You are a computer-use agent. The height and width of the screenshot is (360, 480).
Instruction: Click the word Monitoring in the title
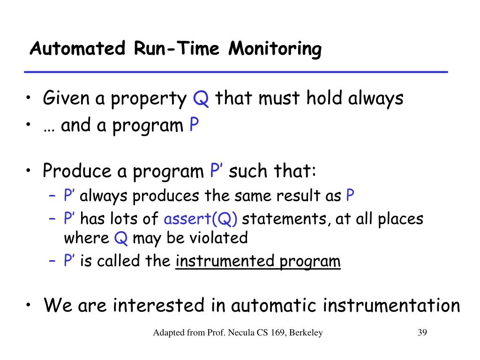click(x=275, y=49)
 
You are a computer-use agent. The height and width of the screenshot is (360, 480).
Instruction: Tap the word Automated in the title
click(x=77, y=48)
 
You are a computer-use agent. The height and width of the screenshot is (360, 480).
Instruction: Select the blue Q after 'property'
click(x=201, y=98)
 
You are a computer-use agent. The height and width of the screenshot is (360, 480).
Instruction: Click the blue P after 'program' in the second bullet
click(x=194, y=124)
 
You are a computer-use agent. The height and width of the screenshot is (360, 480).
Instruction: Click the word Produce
click(x=77, y=171)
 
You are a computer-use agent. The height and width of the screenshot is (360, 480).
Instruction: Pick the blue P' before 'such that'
click(x=217, y=170)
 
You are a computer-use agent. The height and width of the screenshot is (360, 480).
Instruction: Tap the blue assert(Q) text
click(x=201, y=219)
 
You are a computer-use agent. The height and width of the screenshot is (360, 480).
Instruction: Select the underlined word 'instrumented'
click(x=225, y=261)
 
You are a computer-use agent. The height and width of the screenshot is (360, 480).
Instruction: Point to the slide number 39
click(x=422, y=332)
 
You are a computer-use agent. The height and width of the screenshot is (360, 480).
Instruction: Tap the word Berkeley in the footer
click(x=306, y=333)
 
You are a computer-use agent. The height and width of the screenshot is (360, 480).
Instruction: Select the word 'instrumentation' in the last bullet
click(x=391, y=305)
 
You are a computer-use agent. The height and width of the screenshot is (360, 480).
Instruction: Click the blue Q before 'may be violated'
click(x=120, y=239)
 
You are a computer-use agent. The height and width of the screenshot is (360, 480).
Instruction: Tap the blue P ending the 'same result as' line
click(x=350, y=195)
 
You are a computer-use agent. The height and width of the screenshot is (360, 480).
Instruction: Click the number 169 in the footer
click(x=277, y=332)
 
